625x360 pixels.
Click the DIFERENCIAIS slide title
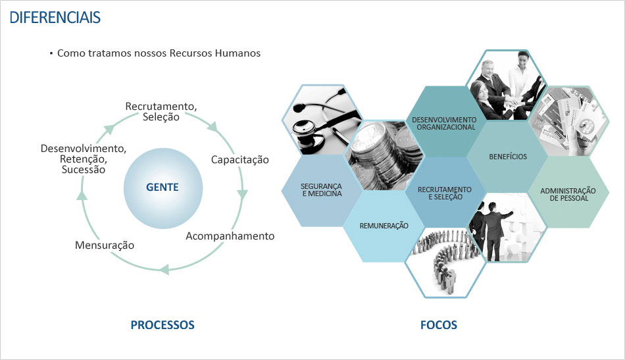pos(55,17)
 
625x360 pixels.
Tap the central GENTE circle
pos(162,188)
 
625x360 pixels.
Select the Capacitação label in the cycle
pos(239,160)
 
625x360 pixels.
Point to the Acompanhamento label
pos(230,236)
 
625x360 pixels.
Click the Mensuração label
pos(105,245)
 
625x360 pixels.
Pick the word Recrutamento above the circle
pos(161,106)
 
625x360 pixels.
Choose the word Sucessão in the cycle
pos(83,169)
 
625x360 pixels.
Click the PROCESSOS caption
pos(162,325)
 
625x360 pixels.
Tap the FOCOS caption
pos(438,325)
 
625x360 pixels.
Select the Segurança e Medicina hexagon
pos(322,190)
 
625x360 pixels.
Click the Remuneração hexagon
pos(384,226)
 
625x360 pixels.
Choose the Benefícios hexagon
pos(508,157)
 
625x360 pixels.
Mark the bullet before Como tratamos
pos(51,53)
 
